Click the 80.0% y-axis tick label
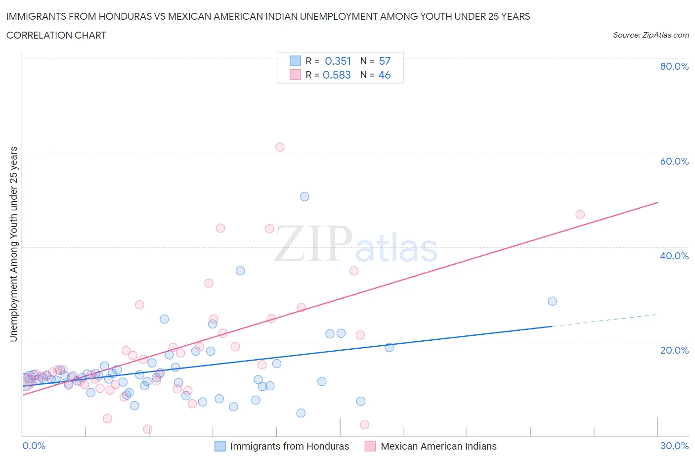click(x=674, y=66)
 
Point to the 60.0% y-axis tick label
click(x=674, y=161)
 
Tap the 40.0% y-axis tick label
click(x=674, y=256)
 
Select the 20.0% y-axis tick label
click(x=674, y=350)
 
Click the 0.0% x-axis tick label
click(x=34, y=446)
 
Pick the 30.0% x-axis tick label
click(x=674, y=446)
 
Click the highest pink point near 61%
click(x=280, y=147)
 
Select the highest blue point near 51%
click(x=304, y=196)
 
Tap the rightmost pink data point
click(x=580, y=215)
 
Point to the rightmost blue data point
click(x=553, y=301)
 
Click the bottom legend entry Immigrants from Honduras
click(x=289, y=446)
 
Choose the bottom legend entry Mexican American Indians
click(x=438, y=446)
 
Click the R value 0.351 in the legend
click(x=338, y=61)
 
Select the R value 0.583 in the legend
click(x=337, y=75)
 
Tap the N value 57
click(x=385, y=61)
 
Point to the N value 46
click(x=385, y=75)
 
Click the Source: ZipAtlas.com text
click(x=651, y=35)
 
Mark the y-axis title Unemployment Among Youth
click(x=14, y=244)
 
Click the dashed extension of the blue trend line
click(x=606, y=320)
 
